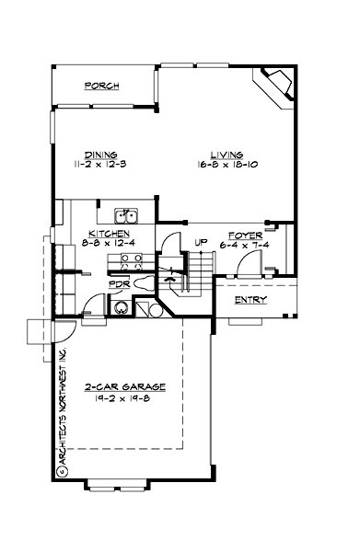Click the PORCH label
(x=102, y=86)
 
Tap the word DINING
(x=100, y=155)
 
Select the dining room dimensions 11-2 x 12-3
(x=100, y=165)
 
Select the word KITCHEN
(x=108, y=234)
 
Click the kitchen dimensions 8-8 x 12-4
(x=108, y=243)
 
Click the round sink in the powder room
(x=122, y=307)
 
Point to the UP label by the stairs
(x=198, y=243)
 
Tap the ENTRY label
(x=250, y=301)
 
